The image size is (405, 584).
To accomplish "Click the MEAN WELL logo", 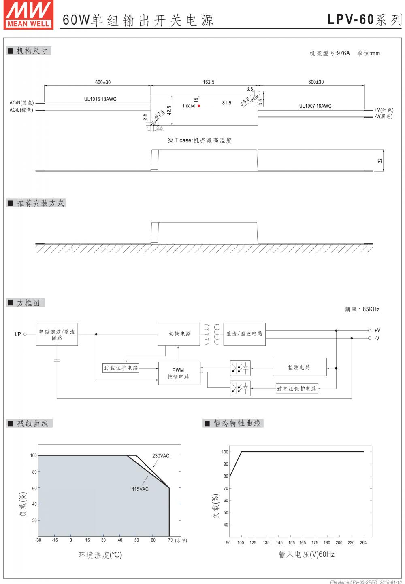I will tap(28, 14).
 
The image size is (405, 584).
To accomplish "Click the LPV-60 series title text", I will tap(364, 19).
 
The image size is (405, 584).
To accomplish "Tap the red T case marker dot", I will tap(199, 106).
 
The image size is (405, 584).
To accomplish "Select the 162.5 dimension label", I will tap(209, 82).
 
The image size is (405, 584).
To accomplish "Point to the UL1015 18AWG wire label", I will tap(100, 99).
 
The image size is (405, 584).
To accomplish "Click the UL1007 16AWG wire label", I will tap(315, 106).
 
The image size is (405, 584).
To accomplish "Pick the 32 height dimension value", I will tap(380, 161).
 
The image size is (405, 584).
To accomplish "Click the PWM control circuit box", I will tap(179, 373).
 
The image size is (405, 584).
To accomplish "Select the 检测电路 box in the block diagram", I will tap(299, 367).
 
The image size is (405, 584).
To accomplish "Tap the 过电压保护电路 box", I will tap(297, 389).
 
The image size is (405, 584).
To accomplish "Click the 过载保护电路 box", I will tap(121, 368).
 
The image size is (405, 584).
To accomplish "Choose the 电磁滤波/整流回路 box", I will tap(57, 334).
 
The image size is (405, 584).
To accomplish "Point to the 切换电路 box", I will tap(179, 334).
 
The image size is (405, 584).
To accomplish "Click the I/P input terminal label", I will tap(18, 334).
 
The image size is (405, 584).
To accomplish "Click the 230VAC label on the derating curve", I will tap(161, 456).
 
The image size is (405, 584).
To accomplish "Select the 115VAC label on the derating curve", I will tap(140, 489).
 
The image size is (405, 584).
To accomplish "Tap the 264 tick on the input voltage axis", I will tap(363, 543).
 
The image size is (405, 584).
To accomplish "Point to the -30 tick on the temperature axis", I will tap(38, 540).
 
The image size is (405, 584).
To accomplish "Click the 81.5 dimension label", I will tap(226, 103).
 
